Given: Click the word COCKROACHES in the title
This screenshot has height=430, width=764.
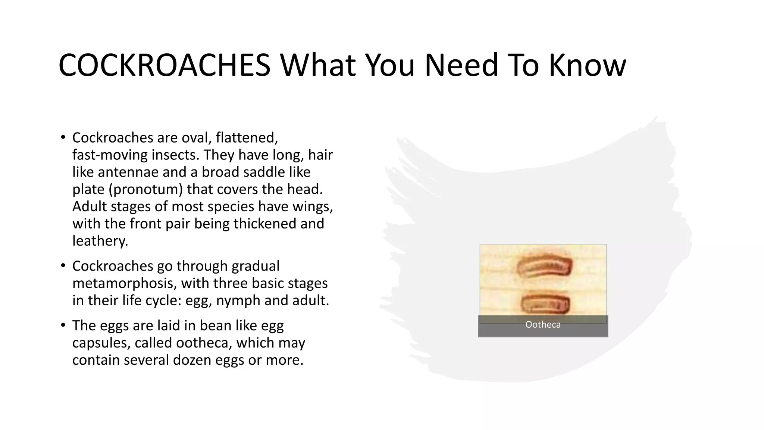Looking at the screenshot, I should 164,65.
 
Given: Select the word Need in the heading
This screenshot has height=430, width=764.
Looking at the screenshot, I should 461,65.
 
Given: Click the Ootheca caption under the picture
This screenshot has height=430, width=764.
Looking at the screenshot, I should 543,325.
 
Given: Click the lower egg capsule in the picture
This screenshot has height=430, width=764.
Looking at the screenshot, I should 545,304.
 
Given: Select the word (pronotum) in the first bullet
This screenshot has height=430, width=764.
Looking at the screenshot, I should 146,189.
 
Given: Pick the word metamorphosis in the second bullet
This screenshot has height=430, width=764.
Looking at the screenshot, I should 124,283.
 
